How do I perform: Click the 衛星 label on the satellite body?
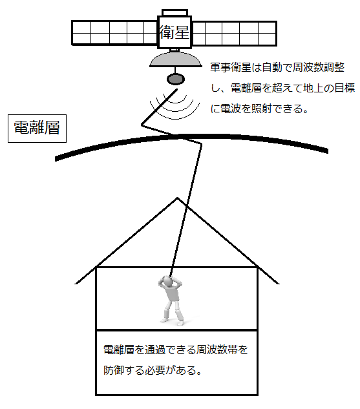tap(175, 32)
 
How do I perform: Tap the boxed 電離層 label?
tap(37, 129)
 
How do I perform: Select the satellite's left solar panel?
tap(114, 33)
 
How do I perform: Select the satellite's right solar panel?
tap(234, 33)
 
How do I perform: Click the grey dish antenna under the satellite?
tap(176, 59)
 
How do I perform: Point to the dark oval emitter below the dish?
tap(176, 79)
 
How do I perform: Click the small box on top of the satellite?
tap(175, 12)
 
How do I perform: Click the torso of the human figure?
tap(173, 293)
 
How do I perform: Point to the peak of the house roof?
tap(177, 198)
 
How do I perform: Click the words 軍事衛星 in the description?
tap(231, 68)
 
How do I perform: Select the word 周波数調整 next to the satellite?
tap(319, 68)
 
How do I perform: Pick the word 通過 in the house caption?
tap(154, 350)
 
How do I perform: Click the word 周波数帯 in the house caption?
tap(217, 350)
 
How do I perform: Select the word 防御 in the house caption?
tap(114, 370)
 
